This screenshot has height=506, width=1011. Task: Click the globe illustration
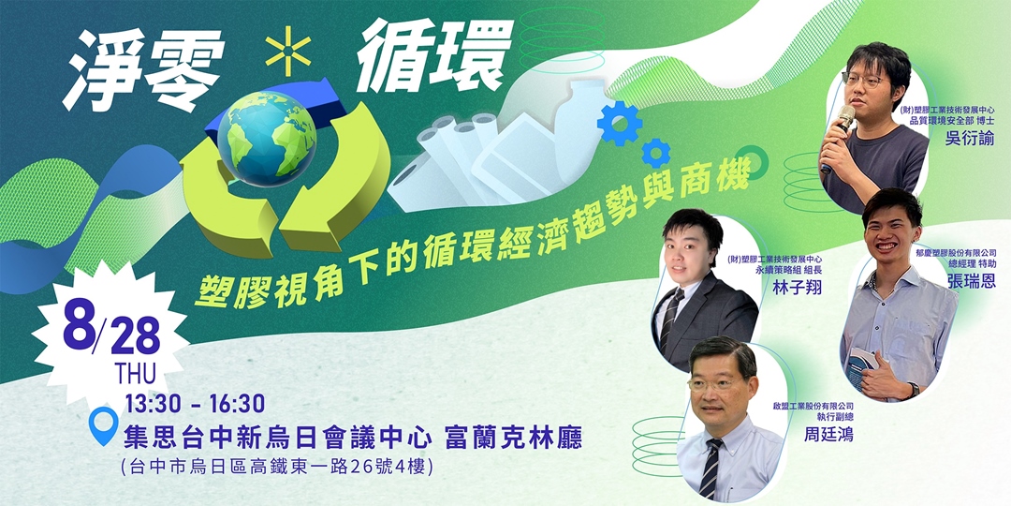click(x=267, y=138)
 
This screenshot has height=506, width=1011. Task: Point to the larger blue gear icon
click(x=619, y=122)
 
